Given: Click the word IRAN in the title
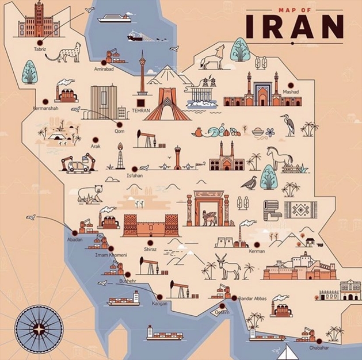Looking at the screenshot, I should pos(294,26).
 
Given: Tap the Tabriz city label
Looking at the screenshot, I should pos(40,49).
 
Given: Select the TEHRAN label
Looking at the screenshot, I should pos(141,110).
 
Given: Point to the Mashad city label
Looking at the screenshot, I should pos(291,91).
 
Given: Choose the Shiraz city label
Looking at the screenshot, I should pos(150,249).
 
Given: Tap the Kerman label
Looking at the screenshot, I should pos(257,251).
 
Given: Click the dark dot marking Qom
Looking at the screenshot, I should pos(120,124).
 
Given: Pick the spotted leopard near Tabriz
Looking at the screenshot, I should pos(64,52).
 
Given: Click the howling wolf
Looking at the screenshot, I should pos(212,58).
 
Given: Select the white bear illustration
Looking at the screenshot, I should pos(89,194).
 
